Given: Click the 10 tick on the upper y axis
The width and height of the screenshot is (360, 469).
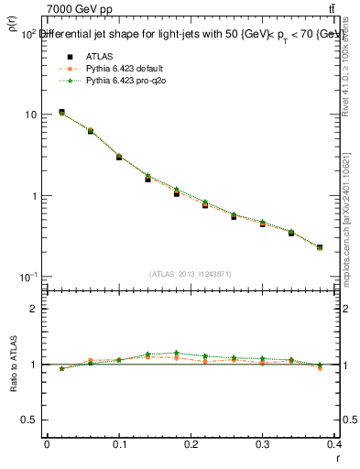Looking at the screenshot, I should pos(30,115).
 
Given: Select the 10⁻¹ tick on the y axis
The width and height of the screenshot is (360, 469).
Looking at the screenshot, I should pos(27,277).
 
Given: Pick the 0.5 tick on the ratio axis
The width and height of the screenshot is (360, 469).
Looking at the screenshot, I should pos(28,420).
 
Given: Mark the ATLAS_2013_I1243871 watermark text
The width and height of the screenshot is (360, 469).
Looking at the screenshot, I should pos(191,274).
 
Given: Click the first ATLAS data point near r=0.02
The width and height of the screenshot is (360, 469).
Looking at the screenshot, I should pos(61,112).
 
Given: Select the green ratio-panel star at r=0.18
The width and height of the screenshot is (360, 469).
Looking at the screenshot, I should pos(177,353).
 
